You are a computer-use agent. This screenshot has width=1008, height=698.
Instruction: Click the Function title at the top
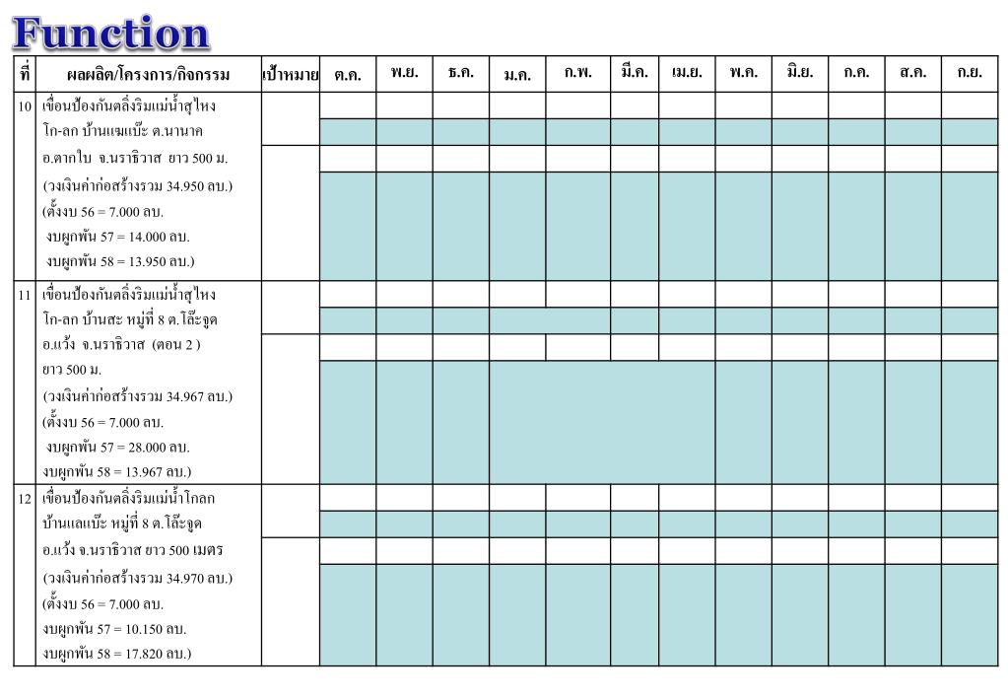(x=111, y=33)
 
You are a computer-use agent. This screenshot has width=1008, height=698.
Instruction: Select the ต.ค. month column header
(x=348, y=74)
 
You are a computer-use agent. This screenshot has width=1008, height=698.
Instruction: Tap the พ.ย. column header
(x=404, y=73)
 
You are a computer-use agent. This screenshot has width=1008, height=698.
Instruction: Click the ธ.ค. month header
(x=460, y=73)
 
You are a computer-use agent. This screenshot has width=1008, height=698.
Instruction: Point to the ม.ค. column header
(x=517, y=74)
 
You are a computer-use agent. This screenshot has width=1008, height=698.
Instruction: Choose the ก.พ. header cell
(x=578, y=73)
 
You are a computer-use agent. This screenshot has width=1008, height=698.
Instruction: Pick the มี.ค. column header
(x=635, y=73)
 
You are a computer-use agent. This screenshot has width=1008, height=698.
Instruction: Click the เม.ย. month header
(x=687, y=73)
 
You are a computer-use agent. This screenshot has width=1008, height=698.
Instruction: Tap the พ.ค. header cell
(x=743, y=73)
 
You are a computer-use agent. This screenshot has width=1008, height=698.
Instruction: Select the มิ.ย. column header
(x=799, y=73)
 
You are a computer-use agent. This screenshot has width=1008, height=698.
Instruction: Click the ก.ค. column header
(x=855, y=73)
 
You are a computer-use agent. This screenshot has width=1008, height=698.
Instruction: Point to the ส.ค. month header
(x=912, y=73)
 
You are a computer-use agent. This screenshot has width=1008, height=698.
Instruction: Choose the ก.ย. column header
(x=970, y=73)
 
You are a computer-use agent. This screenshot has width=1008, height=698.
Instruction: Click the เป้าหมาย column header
(x=291, y=74)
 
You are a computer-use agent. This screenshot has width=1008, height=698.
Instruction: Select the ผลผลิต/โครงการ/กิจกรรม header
(x=148, y=74)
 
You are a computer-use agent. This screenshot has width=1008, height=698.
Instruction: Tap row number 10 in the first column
(x=26, y=105)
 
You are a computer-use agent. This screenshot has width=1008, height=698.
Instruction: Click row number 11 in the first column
(x=26, y=295)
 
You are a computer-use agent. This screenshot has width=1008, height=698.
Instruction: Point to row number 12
(x=26, y=498)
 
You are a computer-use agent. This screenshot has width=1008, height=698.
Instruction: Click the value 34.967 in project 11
(x=187, y=396)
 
